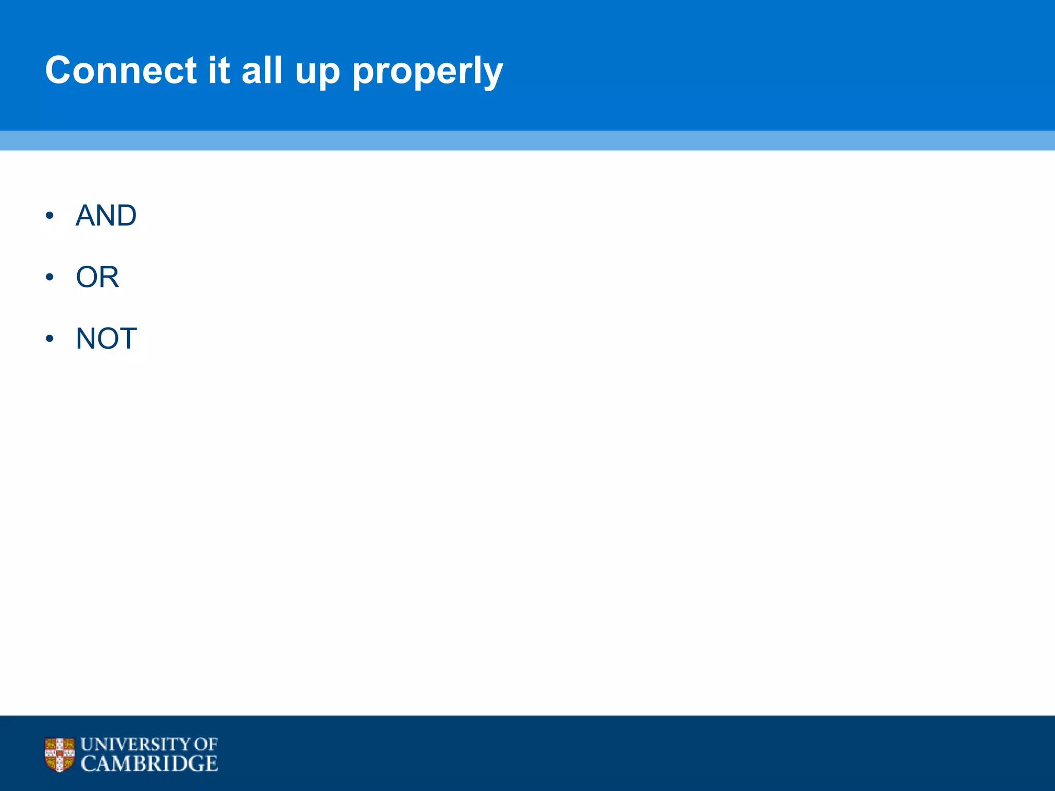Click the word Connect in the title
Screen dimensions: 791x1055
pos(121,70)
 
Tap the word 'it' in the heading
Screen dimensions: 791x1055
pos(218,70)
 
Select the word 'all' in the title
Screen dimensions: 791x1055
pos(262,70)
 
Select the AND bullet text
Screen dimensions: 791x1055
pos(106,215)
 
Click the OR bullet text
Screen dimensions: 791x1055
pos(97,277)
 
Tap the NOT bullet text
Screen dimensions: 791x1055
pos(106,338)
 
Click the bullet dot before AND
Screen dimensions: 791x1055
pos(49,216)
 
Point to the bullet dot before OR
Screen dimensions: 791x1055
pos(49,278)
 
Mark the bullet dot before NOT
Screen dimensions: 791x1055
pos(49,339)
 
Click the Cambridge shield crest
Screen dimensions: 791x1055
pos(59,754)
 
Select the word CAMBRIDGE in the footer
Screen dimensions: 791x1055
pos(149,764)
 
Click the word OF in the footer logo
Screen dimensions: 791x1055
pos(206,745)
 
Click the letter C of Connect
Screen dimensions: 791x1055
pos(60,70)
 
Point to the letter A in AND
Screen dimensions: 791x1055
pos(86,215)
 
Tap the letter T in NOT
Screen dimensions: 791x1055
pos(128,338)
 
